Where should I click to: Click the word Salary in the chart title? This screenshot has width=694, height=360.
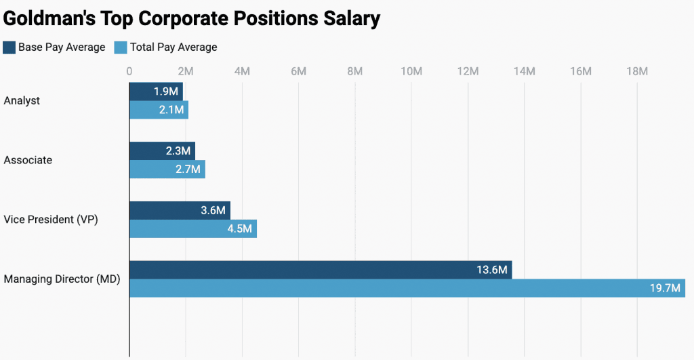[x=346, y=18]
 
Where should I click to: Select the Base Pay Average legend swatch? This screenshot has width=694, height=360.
[x=9, y=47]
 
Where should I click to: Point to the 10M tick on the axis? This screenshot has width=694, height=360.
[x=411, y=71]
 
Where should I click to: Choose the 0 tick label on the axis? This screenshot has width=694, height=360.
[x=129, y=71]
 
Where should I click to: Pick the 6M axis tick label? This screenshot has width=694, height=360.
[x=298, y=71]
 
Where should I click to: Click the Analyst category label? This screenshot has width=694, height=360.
[x=22, y=101]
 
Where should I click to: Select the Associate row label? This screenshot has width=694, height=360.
[x=28, y=161]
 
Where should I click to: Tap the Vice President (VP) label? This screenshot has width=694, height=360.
[x=51, y=220]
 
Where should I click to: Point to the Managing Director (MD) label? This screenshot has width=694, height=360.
[x=62, y=279]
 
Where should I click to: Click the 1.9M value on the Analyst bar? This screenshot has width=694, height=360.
[x=166, y=92]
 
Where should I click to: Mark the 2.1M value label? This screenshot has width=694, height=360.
[x=171, y=110]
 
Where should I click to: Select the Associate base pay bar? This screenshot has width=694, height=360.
[x=162, y=151]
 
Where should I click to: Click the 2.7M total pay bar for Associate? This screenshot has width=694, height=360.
[x=167, y=169]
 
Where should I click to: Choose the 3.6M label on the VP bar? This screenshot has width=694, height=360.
[x=213, y=210]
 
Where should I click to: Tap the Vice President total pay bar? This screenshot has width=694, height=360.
[x=192, y=229]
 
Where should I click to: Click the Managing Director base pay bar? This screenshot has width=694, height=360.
[x=320, y=270]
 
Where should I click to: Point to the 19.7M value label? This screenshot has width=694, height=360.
[x=665, y=288]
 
